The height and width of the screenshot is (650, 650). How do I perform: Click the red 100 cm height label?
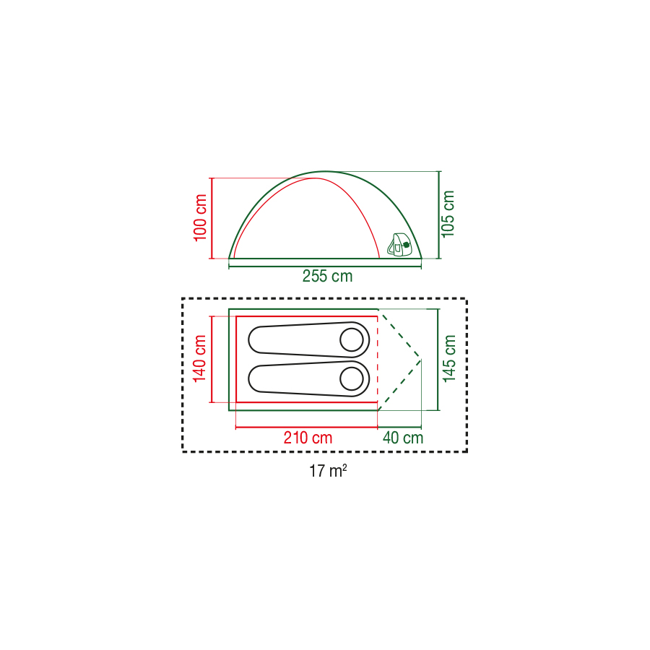(x=200, y=217)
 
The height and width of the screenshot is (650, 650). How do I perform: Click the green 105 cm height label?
(x=448, y=214)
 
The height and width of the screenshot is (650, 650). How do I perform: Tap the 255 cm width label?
(x=327, y=276)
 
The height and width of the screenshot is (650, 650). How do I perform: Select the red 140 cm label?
(x=199, y=358)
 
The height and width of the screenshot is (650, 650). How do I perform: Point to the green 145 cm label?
(x=449, y=359)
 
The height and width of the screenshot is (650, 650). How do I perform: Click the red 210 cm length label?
(x=308, y=438)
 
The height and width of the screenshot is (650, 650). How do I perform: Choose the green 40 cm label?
(x=403, y=438)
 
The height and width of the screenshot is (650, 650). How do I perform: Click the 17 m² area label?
(x=328, y=471)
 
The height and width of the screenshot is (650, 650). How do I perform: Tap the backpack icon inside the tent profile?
(x=399, y=245)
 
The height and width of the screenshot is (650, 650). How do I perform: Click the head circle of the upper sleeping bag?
(x=352, y=340)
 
